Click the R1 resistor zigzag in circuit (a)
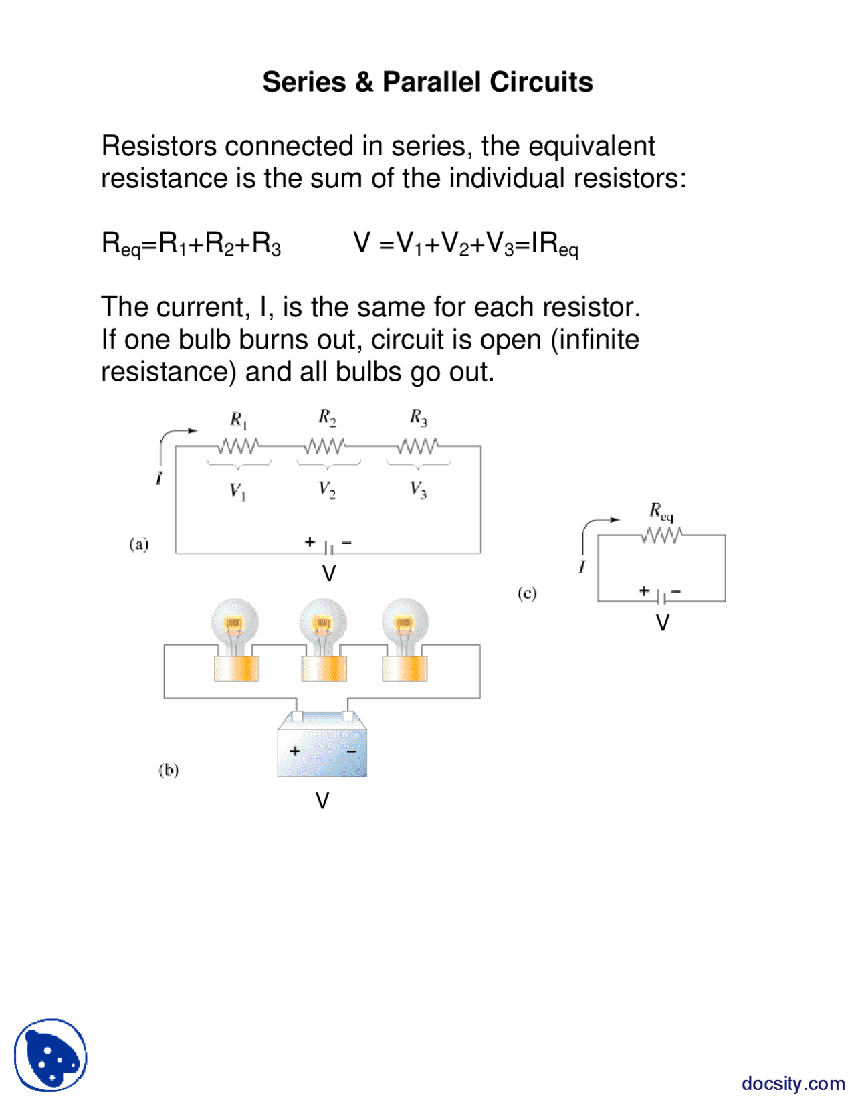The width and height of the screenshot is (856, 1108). click(237, 446)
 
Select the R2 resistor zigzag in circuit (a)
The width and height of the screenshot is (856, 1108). click(326, 446)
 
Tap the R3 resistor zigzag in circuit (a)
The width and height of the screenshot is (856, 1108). click(418, 446)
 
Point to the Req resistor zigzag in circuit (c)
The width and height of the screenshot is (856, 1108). click(662, 535)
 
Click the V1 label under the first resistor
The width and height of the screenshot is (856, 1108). click(238, 492)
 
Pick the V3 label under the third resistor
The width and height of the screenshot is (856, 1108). click(419, 490)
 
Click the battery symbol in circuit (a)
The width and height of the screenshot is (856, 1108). click(329, 549)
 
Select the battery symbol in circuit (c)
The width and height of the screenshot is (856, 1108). click(661, 596)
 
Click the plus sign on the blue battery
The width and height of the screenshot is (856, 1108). click(295, 751)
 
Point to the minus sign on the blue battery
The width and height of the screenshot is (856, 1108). click(351, 751)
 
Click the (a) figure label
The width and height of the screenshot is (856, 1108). click(139, 544)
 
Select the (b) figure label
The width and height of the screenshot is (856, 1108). click(169, 769)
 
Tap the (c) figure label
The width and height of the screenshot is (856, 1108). click(527, 593)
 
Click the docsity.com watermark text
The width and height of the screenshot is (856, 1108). click(793, 1083)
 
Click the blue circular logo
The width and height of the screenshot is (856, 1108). click(51, 1055)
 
